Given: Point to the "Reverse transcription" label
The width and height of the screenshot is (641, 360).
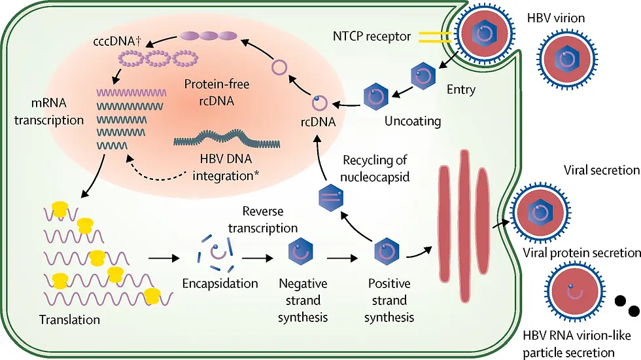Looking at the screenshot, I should (269, 219).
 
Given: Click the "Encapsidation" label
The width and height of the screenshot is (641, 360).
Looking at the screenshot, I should (219, 284).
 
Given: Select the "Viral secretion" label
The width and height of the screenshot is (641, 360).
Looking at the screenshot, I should (601, 171).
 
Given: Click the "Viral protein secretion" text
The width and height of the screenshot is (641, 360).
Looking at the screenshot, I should (581, 253).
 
